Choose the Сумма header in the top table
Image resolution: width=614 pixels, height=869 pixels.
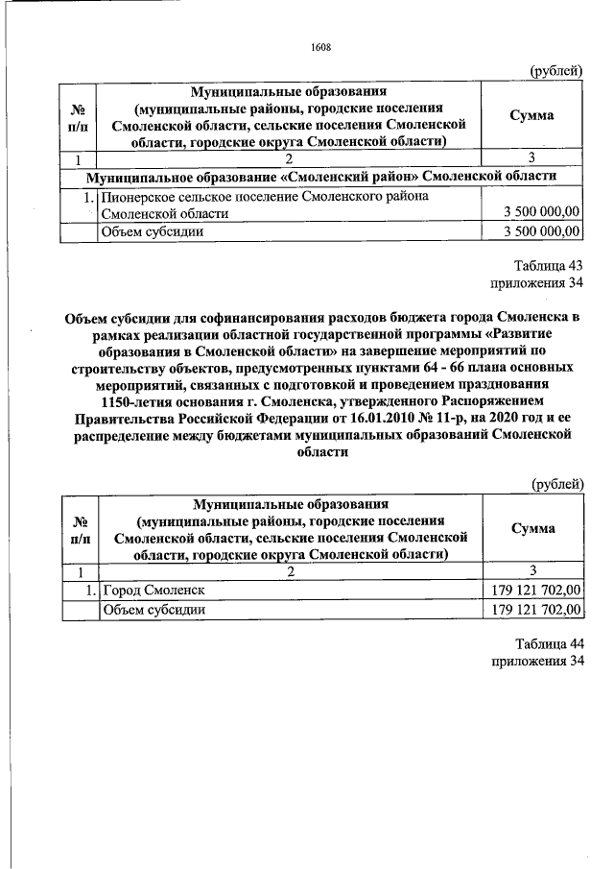click(x=531, y=115)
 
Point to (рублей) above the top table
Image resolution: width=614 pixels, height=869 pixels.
click(x=556, y=70)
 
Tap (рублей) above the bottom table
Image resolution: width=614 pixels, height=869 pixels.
click(x=556, y=483)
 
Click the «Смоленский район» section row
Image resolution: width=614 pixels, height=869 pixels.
click(x=320, y=178)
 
